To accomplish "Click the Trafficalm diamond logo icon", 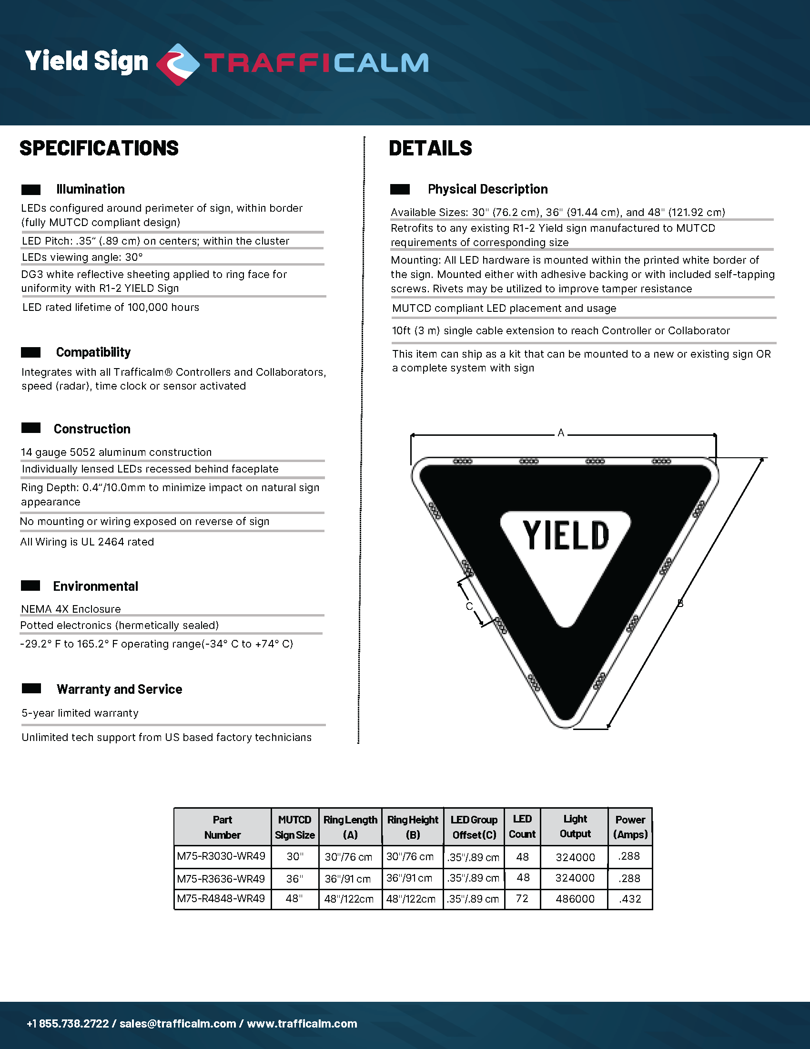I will pos(178,64).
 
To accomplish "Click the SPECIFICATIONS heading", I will pos(99,148).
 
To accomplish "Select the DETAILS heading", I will pos(430,148).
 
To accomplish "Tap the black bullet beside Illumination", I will pos(30,190).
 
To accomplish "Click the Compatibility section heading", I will pos(93,352).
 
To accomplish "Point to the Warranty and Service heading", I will pos(119,689).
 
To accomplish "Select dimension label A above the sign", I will pos(560,433).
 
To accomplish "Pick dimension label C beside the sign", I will pos(469,607).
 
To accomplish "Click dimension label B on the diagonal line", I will pos(680,603).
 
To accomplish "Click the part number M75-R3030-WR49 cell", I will pos(221,856).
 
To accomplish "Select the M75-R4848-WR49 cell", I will pos(221,899).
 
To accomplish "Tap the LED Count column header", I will pos(522,827).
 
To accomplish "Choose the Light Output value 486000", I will pos(575,899).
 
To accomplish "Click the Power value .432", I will pos(629,899).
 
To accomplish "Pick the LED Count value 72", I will pos(522,898).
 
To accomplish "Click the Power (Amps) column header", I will pos(630,827).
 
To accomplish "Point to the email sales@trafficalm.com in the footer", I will pos(178,1024).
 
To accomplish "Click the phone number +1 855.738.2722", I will pos(68,1024).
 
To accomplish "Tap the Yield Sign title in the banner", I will pos(87,62).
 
